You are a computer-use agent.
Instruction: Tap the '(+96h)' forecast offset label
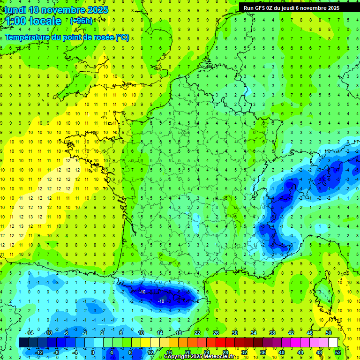point(81,21)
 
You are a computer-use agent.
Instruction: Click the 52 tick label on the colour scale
point(338,352)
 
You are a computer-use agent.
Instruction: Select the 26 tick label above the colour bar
point(216,333)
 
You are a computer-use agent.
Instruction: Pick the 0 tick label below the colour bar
point(93,352)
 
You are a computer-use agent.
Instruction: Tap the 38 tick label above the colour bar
point(272,333)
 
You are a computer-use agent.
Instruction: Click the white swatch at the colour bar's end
point(333,343)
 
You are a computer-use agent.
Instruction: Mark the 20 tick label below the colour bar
point(188,352)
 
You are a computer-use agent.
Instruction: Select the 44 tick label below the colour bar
point(300,352)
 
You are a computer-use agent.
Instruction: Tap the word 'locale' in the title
point(45,22)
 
